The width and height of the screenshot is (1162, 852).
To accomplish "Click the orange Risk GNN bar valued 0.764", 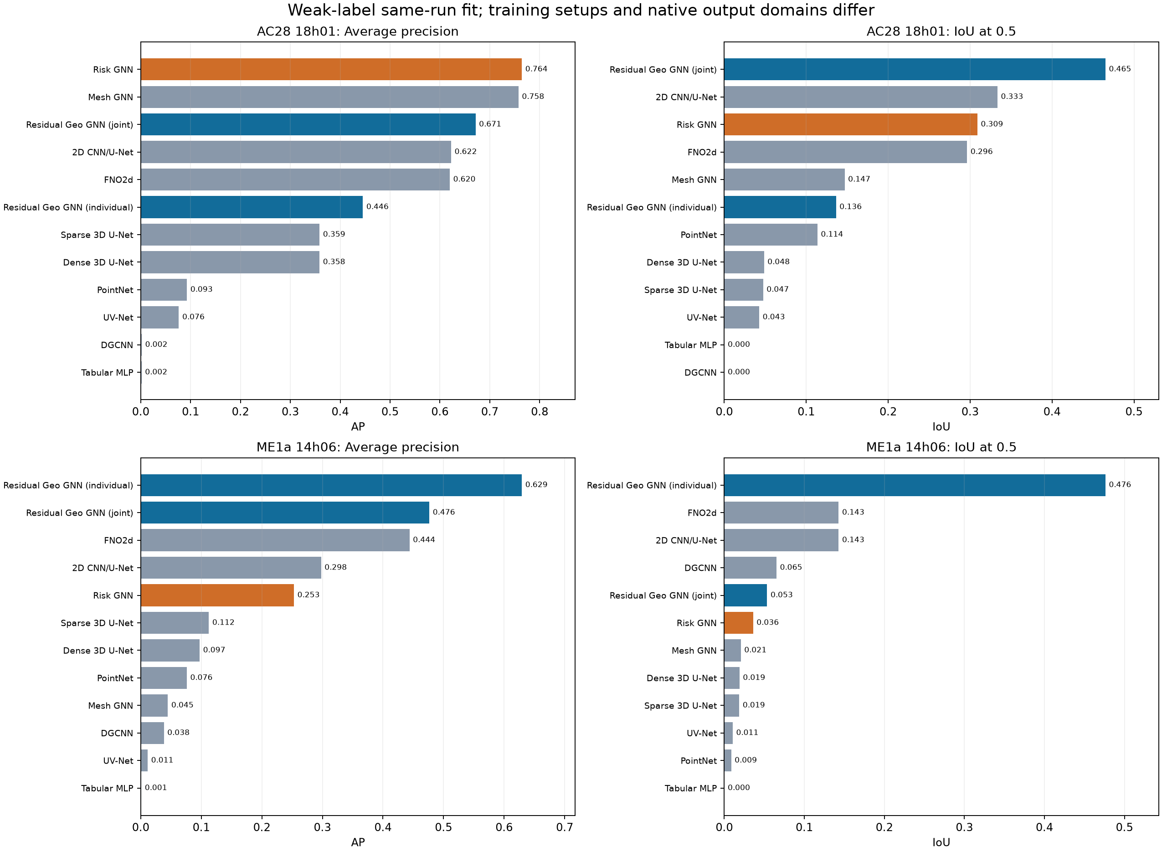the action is pyautogui.click(x=331, y=69).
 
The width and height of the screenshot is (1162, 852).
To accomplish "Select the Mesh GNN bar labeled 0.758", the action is pyautogui.click(x=329, y=97).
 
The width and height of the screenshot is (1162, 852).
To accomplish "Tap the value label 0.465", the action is pyautogui.click(x=1120, y=69).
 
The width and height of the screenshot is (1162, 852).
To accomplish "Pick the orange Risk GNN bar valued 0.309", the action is pyautogui.click(x=850, y=124).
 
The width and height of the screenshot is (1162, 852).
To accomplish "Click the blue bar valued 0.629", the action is pyautogui.click(x=331, y=485).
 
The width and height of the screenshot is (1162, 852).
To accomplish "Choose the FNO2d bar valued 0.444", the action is pyautogui.click(x=275, y=540).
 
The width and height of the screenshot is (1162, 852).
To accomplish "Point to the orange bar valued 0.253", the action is pyautogui.click(x=217, y=595).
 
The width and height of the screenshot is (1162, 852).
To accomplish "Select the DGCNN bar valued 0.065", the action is pyautogui.click(x=750, y=568).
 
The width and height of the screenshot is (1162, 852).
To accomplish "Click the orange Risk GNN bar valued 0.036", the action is pyautogui.click(x=739, y=622).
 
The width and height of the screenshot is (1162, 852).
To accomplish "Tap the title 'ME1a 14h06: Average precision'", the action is pyautogui.click(x=357, y=447).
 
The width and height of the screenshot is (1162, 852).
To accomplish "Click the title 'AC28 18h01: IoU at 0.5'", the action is pyautogui.click(x=941, y=31).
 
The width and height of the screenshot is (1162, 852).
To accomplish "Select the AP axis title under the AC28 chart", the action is pyautogui.click(x=358, y=426).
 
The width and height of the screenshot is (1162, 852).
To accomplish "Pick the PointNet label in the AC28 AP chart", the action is pyautogui.click(x=115, y=290).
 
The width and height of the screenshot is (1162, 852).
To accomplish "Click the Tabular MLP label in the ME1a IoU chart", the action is pyautogui.click(x=691, y=788).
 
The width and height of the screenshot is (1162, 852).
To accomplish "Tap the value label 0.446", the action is pyautogui.click(x=377, y=207).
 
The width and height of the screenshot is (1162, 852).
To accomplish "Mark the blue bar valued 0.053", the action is pyautogui.click(x=745, y=595).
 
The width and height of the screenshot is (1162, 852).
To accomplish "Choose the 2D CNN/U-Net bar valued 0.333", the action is pyautogui.click(x=860, y=97).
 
